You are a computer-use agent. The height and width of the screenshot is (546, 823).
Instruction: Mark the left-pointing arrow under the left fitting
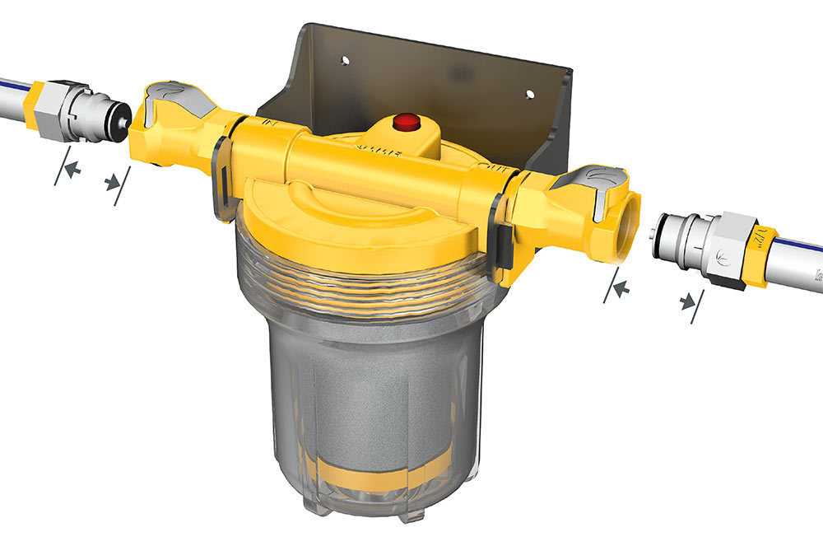(72, 169)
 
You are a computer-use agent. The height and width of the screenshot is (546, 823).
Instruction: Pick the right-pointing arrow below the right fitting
(688, 302)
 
